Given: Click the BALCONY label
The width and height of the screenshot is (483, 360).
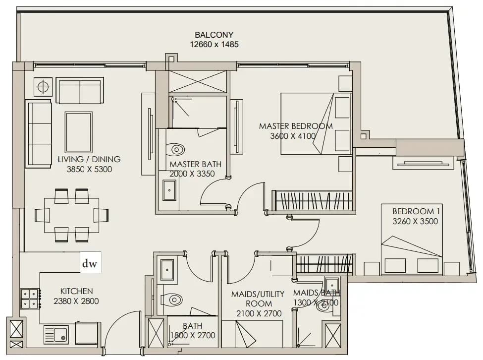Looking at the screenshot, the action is point(214,35).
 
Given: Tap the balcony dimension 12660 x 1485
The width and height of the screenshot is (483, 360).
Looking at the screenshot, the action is point(214,45).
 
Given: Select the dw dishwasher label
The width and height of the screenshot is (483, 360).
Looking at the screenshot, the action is point(90,263).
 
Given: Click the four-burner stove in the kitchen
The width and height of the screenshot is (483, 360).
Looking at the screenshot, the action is point(30,299).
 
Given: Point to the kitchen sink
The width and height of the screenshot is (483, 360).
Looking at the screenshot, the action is point(56,334).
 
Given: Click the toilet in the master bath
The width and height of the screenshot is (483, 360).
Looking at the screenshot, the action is point(175,150).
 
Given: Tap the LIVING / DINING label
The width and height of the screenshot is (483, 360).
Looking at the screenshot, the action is point(89,159).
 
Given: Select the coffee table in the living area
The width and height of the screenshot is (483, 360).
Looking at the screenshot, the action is point(79,132).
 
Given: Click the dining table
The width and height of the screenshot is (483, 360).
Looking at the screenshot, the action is point(72,215).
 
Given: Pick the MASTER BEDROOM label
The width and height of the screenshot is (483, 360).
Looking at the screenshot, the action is point(296,126).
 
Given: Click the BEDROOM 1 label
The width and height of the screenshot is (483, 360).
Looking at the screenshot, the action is point(416,211).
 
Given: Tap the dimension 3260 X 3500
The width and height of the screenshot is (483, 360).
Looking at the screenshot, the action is point(415,221).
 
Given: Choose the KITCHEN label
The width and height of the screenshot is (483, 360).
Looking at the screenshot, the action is point(76,291).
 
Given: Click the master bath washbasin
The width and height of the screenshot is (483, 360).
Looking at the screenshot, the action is point(169,190).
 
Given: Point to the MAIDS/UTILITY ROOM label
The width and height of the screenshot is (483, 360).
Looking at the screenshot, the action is point(258,299).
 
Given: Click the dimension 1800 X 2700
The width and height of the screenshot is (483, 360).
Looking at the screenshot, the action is point(193,335).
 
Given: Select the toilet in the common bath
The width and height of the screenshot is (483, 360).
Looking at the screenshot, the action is point(172,300).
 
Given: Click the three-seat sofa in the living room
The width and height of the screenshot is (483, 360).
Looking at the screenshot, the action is point(38,133).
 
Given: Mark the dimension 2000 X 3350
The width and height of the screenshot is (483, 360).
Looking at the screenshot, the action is point(192,174).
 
